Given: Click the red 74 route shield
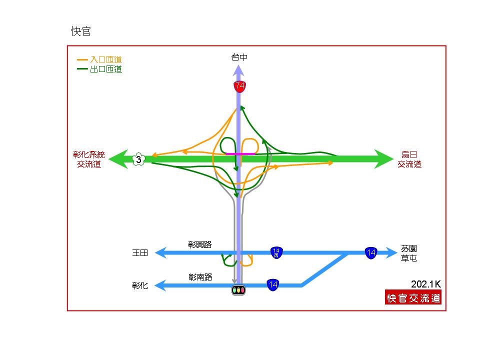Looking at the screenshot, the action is (239, 86).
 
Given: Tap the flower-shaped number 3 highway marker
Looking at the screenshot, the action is (138, 159).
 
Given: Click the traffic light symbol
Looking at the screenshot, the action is (238, 289).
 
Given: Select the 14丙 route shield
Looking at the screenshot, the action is (276, 253).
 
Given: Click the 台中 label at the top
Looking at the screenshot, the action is (239, 57).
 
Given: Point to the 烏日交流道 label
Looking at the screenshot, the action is (409, 159).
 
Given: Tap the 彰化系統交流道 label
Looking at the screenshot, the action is (89, 159).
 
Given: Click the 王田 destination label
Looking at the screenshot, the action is (140, 253).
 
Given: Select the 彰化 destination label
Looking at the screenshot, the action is (140, 285).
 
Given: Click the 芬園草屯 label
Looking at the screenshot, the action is (409, 253).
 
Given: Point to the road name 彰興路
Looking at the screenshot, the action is (200, 244).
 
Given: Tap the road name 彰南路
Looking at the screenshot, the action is (200, 277).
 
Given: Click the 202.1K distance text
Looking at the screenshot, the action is (426, 284).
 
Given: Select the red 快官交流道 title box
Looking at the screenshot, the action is (413, 297).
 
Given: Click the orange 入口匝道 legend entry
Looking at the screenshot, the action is (99, 59).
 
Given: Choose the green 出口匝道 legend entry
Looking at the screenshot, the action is (99, 69).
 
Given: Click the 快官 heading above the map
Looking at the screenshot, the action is (81, 31).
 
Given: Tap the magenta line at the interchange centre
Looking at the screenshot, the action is (240, 153).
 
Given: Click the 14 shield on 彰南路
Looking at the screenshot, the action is (273, 285).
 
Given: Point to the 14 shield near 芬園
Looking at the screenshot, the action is (371, 253).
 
